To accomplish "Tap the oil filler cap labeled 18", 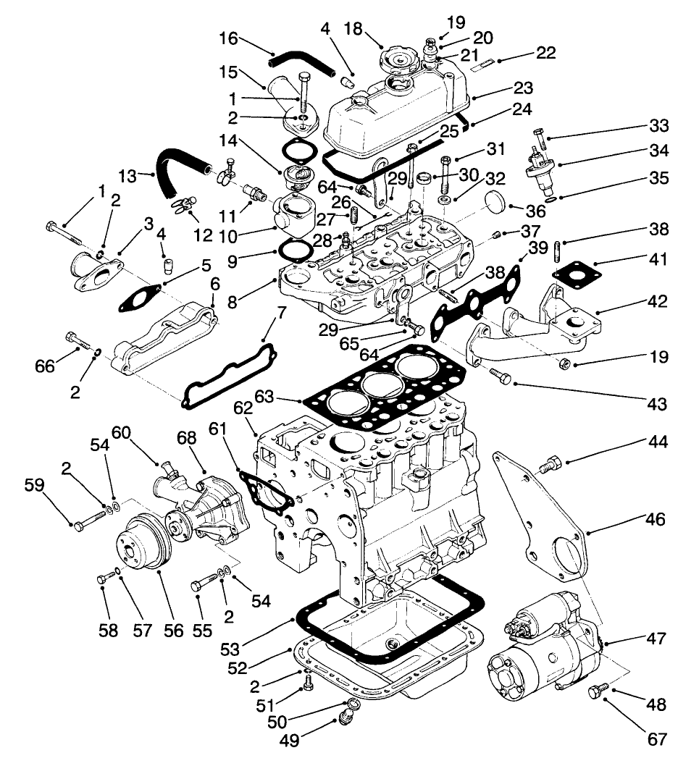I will [398, 57].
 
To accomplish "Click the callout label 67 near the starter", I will [656, 739].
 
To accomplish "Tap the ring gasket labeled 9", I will [293, 250].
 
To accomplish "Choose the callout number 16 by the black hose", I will [228, 37].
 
